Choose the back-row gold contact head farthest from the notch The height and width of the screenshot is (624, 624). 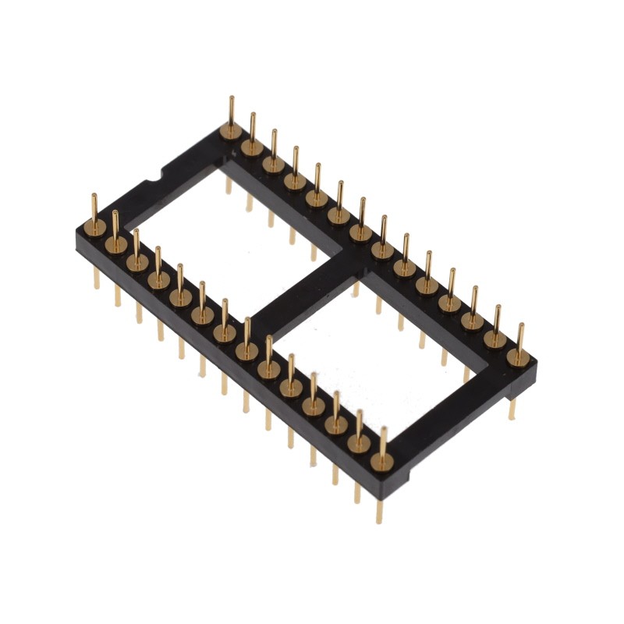(x=516, y=357)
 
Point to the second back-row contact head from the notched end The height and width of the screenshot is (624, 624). (x=252, y=147)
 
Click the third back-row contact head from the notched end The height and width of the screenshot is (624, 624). (x=273, y=164)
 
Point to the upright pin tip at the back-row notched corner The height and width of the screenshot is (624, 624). (x=231, y=98)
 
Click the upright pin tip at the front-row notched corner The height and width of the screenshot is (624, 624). (x=94, y=193)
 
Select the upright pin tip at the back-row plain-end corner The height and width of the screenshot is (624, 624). (x=519, y=324)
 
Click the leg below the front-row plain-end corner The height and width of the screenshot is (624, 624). (x=380, y=507)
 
